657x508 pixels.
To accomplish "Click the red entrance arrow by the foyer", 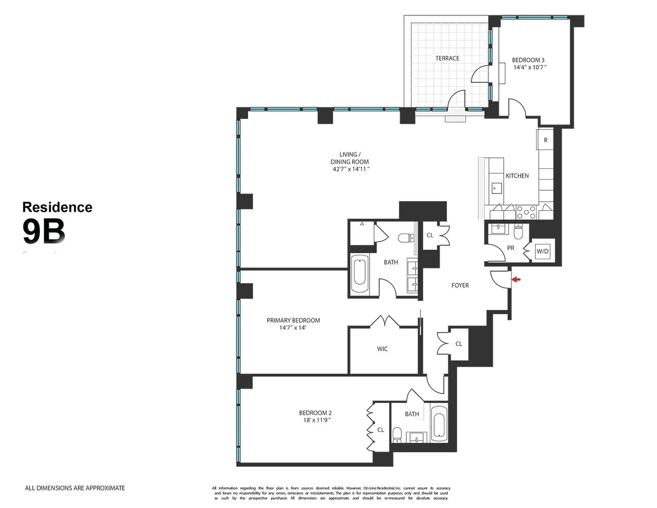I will [515, 280].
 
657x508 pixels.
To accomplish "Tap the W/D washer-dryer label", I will [543, 252].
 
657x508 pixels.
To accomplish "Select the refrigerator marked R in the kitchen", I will [545, 140].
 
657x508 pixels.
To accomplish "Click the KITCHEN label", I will [517, 176].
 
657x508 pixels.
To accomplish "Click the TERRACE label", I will [447, 58].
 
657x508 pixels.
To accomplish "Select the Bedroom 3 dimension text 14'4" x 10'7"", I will [529, 67].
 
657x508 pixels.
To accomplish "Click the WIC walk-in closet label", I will [382, 349].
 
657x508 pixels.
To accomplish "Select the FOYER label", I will [460, 286].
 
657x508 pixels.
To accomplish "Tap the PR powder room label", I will [511, 248].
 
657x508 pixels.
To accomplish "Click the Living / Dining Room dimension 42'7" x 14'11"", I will [349, 169].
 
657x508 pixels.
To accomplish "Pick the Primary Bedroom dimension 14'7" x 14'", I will [293, 328].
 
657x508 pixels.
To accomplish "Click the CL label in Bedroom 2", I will [381, 430].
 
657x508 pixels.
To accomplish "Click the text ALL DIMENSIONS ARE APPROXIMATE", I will [75, 488].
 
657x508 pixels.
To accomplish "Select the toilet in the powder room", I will [518, 232].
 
